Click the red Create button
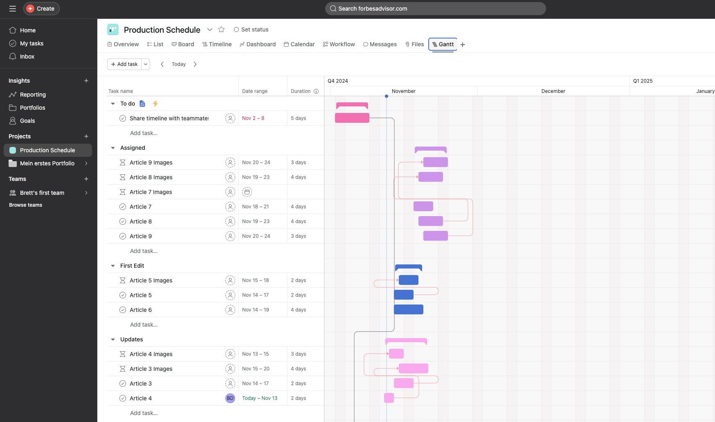(41, 9)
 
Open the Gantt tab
(443, 44)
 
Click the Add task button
(124, 64)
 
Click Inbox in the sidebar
(27, 56)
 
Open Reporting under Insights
(33, 95)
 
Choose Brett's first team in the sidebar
(42, 193)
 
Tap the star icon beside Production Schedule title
(221, 29)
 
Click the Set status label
(254, 29)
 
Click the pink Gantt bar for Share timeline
(352, 118)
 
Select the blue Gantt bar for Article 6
(408, 309)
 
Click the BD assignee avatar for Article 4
(230, 398)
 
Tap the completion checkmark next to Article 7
(123, 207)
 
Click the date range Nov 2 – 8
(253, 118)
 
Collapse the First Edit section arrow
(113, 266)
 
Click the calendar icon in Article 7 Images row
(247, 192)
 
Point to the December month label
(553, 91)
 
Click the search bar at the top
(435, 9)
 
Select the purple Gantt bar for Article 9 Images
(435, 162)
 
